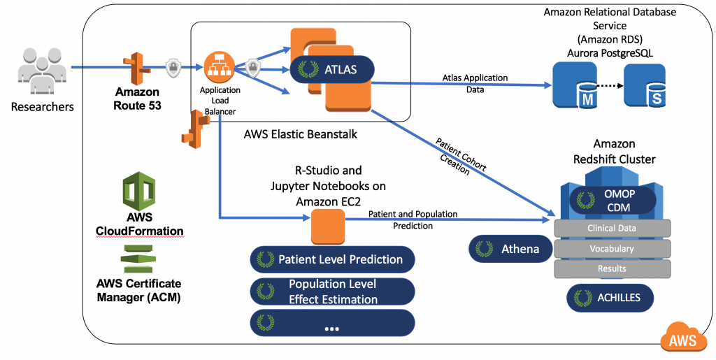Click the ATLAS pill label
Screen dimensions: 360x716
[332, 69]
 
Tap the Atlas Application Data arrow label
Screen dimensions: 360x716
[475, 84]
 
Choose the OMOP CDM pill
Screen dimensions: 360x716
[613, 200]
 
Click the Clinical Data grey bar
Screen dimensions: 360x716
[612, 228]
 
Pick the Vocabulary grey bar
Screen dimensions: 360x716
[612, 248]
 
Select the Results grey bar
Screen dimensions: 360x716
[612, 268]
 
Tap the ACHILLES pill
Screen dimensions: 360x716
[613, 298]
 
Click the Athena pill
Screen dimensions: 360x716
[510, 248]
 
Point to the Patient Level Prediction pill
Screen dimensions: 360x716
[332, 259]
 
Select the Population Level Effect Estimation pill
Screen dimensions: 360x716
[332, 291]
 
